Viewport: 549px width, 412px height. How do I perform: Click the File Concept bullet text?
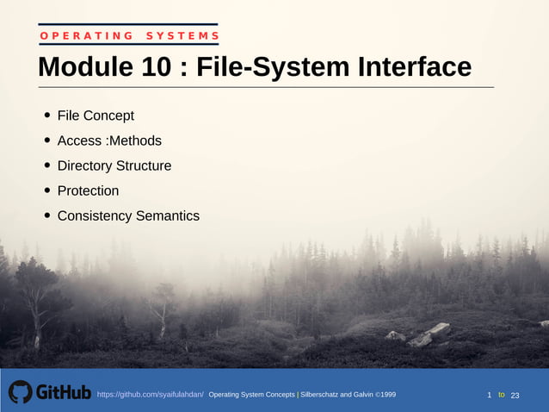[x=96, y=115]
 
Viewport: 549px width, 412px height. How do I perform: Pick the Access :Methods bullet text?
[x=109, y=140]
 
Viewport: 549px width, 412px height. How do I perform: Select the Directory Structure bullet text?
[x=114, y=165]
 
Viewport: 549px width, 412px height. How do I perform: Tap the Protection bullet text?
[x=88, y=190]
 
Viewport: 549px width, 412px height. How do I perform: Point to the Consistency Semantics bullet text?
[x=128, y=215]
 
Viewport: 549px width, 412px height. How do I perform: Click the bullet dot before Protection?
[x=47, y=191]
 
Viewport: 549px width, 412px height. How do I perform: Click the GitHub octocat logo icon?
[x=20, y=392]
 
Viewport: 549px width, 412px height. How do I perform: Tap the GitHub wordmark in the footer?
[x=63, y=393]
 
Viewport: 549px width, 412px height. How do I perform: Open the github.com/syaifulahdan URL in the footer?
[x=150, y=395]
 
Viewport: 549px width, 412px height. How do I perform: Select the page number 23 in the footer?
[x=515, y=395]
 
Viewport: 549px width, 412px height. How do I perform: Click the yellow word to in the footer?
[x=502, y=395]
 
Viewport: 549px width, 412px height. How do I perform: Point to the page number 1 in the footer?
[x=490, y=395]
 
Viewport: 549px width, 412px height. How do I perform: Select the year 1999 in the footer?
[x=387, y=395]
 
